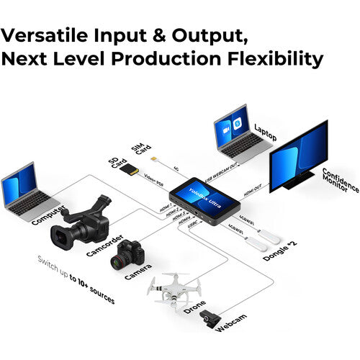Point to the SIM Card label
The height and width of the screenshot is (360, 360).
coord(141,148)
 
